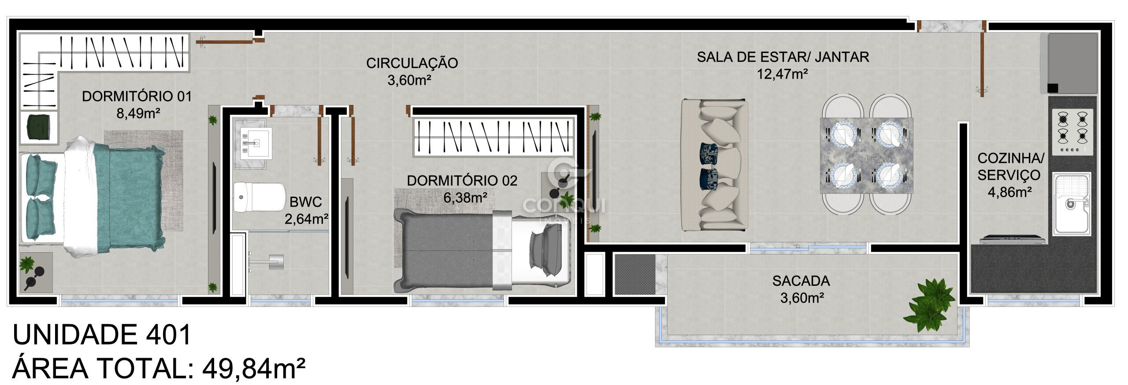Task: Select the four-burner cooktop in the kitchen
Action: (1072, 132)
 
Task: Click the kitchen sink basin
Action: (1072, 204)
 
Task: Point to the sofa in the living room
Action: (715, 165)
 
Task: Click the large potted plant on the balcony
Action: (929, 304)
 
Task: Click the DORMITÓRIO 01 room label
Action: (137, 96)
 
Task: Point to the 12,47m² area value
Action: (783, 74)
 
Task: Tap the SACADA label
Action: (801, 281)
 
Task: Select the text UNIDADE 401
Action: (102, 335)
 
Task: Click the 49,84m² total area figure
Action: (254, 369)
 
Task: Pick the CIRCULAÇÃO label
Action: (412, 63)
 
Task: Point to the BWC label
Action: (306, 202)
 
